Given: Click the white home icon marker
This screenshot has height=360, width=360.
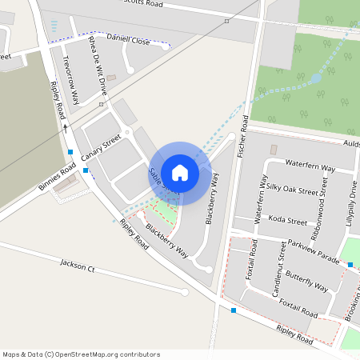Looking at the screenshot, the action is pyautogui.click(x=180, y=172).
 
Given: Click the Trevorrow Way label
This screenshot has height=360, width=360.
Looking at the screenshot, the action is pyautogui.click(x=70, y=79).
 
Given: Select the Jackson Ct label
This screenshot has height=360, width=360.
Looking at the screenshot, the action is pyautogui.click(x=78, y=266).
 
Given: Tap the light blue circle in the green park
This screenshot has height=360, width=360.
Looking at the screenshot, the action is pyautogui.click(x=316, y=78).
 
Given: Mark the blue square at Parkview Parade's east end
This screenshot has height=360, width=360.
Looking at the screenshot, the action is pyautogui.click(x=350, y=264).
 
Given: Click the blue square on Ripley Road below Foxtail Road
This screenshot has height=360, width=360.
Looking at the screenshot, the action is pyautogui.click(x=234, y=310).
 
